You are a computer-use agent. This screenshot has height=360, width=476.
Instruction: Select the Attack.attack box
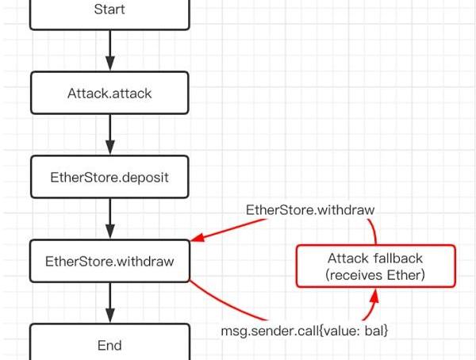click(x=109, y=93)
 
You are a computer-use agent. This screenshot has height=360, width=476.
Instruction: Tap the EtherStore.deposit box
click(x=109, y=177)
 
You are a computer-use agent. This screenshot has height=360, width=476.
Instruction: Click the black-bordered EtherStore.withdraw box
click(x=109, y=261)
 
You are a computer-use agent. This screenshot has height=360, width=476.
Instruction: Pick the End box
click(x=109, y=345)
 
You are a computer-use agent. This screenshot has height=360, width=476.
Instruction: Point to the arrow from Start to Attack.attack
click(x=109, y=51)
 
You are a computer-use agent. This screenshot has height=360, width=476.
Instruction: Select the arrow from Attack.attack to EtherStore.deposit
click(x=109, y=134)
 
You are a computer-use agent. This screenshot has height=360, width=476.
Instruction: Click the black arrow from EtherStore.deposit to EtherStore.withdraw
click(x=109, y=218)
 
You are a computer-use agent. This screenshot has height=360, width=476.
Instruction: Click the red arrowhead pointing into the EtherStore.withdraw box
click(x=197, y=239)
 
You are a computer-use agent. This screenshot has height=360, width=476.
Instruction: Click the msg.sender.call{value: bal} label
click(x=305, y=329)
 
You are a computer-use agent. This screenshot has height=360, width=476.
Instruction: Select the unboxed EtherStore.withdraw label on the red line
click(x=310, y=210)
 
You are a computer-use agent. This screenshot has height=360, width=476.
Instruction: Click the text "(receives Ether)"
click(x=376, y=274)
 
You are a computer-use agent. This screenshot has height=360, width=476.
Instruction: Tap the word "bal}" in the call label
click(x=376, y=329)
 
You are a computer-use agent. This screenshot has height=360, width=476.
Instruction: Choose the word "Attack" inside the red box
click(x=348, y=259)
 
